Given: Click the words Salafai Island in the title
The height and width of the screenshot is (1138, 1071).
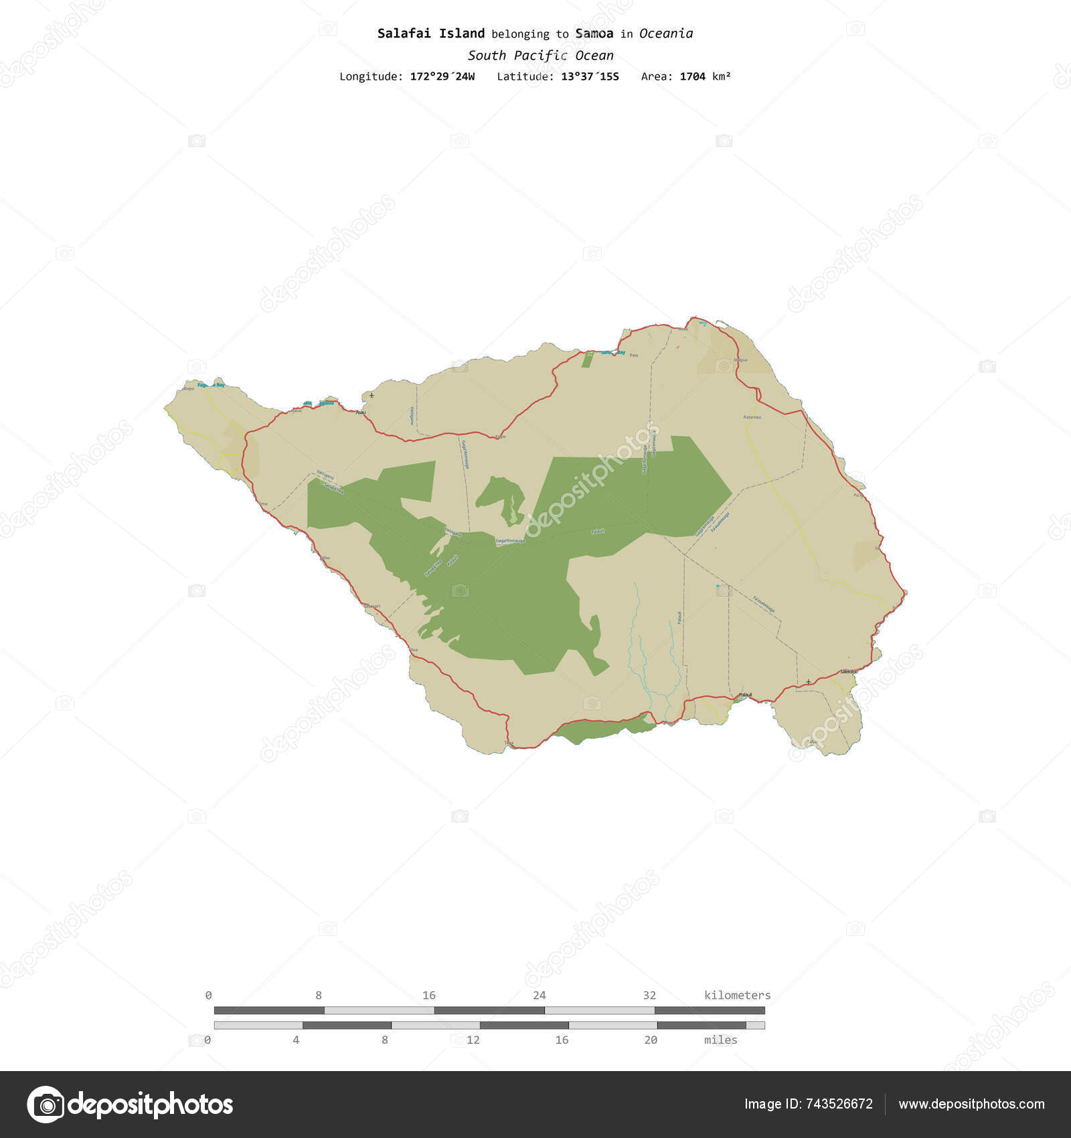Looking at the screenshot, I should coord(430,33).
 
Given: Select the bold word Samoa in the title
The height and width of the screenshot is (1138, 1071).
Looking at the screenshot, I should coord(594,33).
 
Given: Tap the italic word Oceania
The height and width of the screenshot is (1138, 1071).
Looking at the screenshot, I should coord(665,33).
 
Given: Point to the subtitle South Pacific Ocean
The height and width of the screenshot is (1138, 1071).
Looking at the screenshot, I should coord(540,56).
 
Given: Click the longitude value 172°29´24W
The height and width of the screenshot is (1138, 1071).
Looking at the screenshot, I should coord(442,76).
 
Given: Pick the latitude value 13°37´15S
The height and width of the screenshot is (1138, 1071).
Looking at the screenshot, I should coord(590,76).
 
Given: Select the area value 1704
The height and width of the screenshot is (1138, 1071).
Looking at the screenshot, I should coord(692,76).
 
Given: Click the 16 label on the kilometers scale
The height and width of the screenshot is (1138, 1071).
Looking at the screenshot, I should coord(429,995).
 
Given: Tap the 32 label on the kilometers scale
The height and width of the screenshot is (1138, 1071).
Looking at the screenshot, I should coord(649,995).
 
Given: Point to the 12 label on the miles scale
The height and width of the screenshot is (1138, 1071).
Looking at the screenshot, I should coord(473,1040).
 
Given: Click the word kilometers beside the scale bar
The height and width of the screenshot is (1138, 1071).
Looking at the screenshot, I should coord(737,995).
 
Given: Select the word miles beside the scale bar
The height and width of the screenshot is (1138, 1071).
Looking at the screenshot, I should coord(720,1040).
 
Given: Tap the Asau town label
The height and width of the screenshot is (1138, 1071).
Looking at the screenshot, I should coord(361,412).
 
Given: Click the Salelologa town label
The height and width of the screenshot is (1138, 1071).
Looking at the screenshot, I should coord(848,671).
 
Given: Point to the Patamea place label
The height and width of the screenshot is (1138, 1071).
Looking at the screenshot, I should coord(752,417).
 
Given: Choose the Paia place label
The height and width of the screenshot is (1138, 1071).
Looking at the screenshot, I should coord(634,355).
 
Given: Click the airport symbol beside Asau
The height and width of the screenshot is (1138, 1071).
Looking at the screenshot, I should coord(372,396).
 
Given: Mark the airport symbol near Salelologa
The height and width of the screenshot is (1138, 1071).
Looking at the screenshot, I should coord(809,681).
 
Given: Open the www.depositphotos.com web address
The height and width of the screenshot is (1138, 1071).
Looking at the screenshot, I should coord(971,1104).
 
